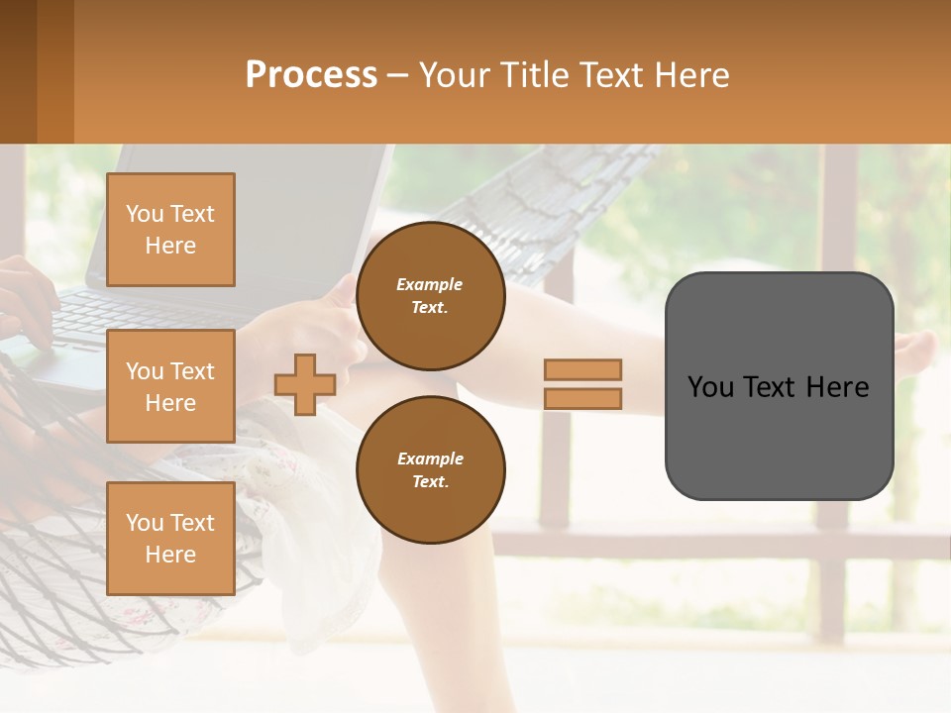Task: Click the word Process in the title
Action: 311,75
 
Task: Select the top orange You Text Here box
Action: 170,230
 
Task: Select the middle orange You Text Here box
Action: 170,386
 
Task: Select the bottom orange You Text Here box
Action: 170,538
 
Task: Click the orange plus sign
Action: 304,384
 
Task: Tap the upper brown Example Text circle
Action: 430,295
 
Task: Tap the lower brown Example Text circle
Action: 430,469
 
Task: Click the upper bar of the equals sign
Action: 582,369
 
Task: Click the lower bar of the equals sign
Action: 582,398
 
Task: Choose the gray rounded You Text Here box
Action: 779,386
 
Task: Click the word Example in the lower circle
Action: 430,458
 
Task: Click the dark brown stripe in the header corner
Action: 18,71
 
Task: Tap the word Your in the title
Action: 453,75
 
